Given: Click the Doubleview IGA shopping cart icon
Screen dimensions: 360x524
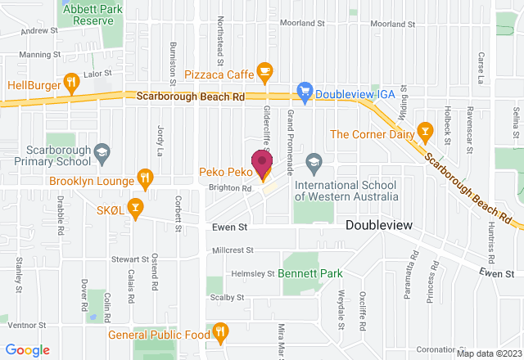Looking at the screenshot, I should click(305, 92).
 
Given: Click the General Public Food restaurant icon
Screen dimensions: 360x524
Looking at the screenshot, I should click(219, 332).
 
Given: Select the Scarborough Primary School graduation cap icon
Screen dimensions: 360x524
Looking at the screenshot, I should click(102, 153).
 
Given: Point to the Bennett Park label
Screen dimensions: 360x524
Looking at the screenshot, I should click(309, 273).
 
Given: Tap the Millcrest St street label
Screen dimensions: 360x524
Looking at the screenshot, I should click(233, 250).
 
